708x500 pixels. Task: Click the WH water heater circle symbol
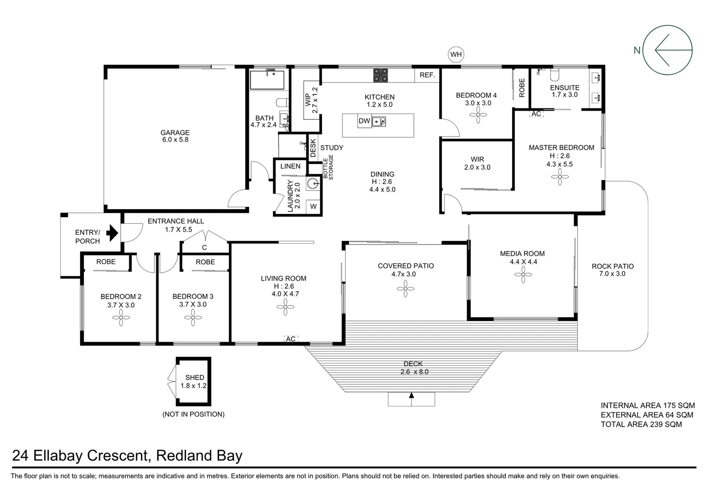click(456, 55)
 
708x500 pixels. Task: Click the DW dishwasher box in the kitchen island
click(364, 121)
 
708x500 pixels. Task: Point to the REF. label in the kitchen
click(427, 75)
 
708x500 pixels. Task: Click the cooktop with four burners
click(381, 75)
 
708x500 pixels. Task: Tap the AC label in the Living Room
click(291, 339)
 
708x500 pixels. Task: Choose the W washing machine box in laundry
click(314, 206)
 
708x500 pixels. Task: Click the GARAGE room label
click(175, 133)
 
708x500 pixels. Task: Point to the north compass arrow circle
click(669, 50)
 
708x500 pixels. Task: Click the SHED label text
click(195, 377)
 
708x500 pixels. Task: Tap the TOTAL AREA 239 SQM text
click(641, 424)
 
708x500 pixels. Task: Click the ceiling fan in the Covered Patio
click(405, 289)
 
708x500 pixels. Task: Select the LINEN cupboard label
click(291, 166)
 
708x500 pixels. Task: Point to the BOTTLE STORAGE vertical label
click(328, 169)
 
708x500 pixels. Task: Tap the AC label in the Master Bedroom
click(536, 114)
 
